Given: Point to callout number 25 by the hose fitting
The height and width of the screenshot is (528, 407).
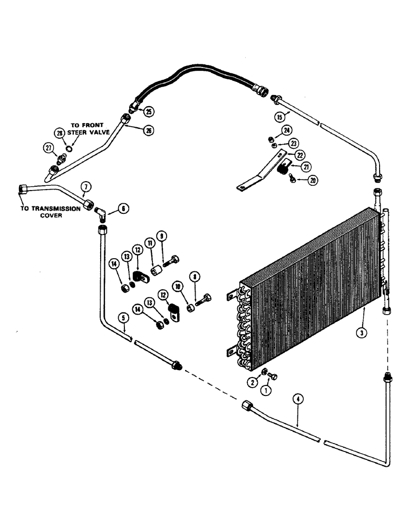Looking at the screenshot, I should point(149,111).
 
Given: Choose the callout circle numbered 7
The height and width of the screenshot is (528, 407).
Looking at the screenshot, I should point(86,186).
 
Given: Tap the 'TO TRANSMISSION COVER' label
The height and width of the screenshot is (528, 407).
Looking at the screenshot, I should point(50,212).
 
